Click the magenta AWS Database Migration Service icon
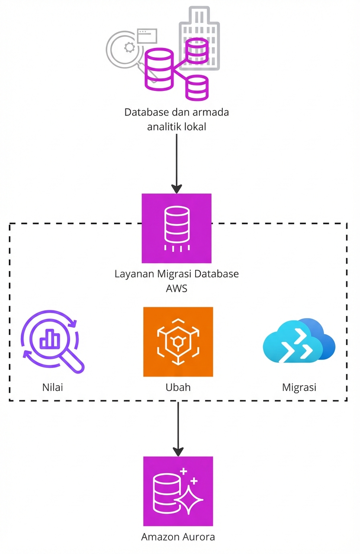point(177,228)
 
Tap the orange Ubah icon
point(178,342)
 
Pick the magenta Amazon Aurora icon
point(178,491)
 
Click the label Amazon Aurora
point(178,537)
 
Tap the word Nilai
point(53,387)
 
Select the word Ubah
point(178,387)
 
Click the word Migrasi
point(299,387)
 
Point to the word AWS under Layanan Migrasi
point(177,288)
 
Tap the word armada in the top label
point(212,113)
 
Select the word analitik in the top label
point(164,127)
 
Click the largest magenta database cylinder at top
point(158,70)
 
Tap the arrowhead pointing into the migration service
point(177,189)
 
